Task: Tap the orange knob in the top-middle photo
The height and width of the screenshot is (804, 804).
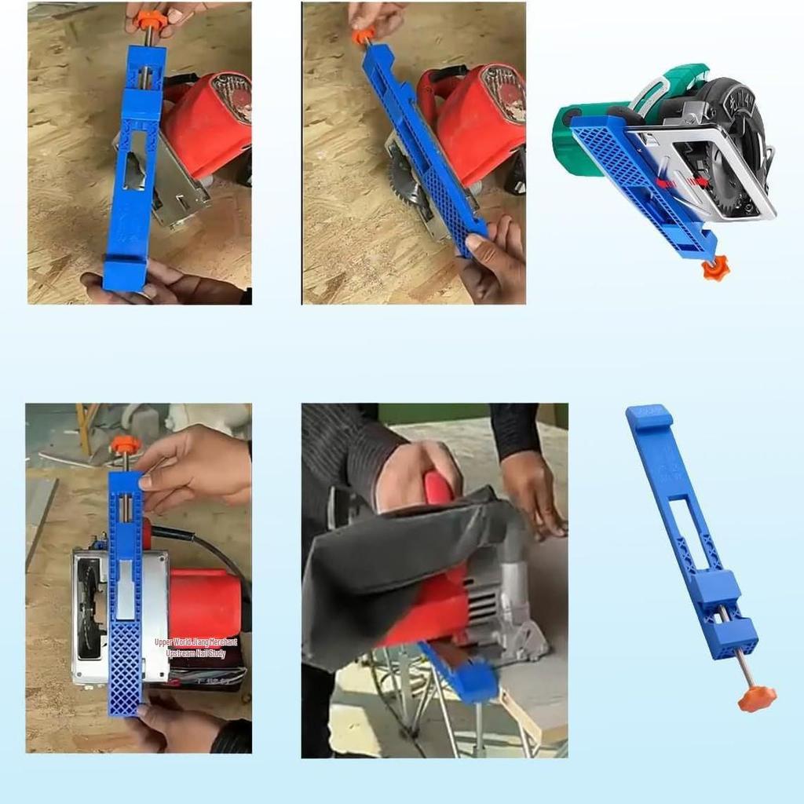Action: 363,36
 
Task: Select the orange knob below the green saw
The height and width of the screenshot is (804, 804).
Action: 715,269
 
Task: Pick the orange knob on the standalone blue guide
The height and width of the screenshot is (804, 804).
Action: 756,697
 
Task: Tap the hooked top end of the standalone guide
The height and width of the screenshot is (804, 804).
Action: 649,417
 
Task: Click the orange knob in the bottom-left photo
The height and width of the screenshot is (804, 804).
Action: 125,445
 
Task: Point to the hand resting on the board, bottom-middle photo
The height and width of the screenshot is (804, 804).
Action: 534,495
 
